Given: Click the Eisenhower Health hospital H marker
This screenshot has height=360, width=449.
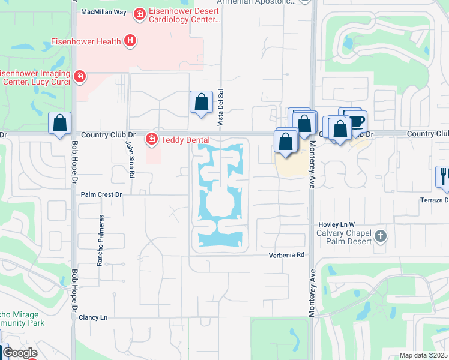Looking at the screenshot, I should [130, 41].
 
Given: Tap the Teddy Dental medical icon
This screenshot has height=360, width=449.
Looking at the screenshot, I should [152, 139].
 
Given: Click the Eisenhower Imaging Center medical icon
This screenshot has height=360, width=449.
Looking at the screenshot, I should [79, 76].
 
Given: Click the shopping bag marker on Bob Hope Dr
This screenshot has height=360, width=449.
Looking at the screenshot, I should [60, 124].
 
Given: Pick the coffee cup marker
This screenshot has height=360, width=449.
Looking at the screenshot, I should [357, 121].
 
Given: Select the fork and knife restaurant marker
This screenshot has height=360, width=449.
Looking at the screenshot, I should [442, 175].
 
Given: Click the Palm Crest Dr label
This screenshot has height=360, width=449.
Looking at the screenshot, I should [101, 194].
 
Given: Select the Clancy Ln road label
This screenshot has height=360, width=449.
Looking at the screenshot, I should [93, 317].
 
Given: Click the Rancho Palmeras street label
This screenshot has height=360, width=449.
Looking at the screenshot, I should [101, 240].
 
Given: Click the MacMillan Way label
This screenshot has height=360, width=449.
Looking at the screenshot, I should [104, 12].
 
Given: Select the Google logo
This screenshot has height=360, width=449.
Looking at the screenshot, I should [20, 353].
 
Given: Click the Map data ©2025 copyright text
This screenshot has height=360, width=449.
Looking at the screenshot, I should [424, 355].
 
